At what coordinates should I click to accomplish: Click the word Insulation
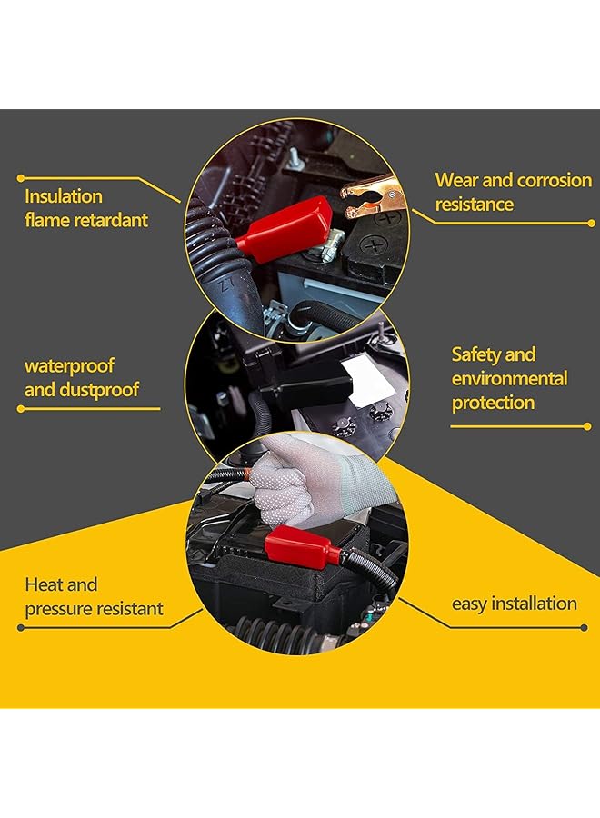64,196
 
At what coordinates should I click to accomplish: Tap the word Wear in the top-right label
457,180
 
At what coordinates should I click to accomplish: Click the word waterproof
69,366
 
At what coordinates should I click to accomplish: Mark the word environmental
509,378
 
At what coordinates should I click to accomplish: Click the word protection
493,403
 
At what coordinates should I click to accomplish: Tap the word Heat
45,584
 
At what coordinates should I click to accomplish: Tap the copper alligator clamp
373,188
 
